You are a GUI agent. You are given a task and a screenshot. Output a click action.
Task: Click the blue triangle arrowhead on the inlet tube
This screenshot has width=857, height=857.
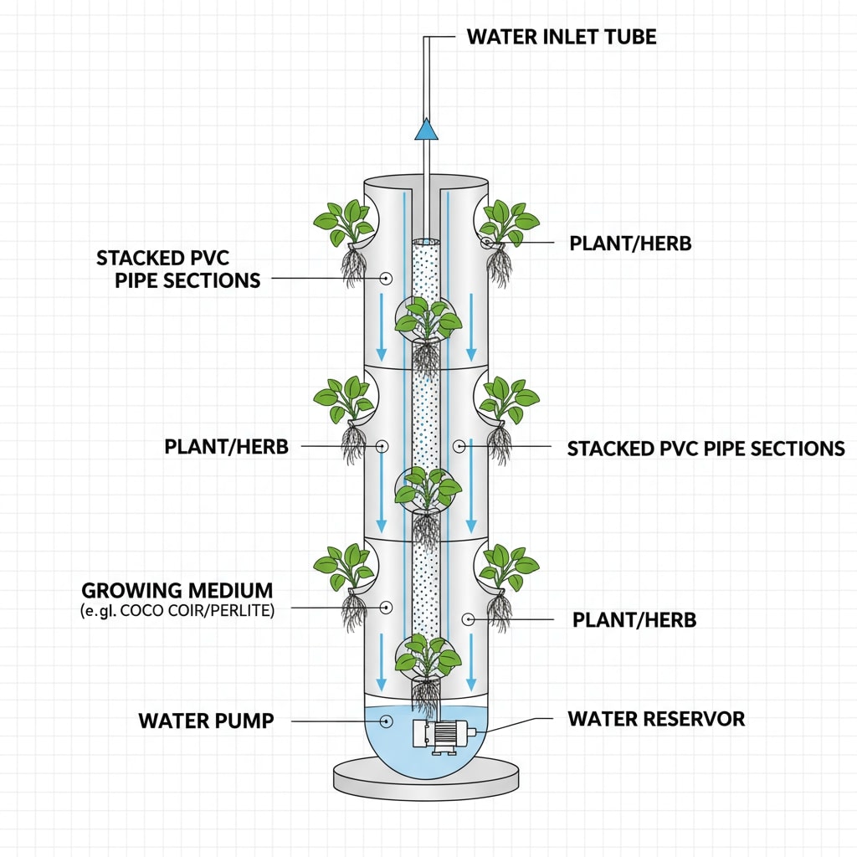click(x=427, y=129)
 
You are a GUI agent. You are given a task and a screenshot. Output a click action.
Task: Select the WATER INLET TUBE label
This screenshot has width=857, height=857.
click(x=562, y=37)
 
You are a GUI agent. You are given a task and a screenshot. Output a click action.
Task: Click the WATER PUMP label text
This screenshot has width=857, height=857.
click(x=206, y=721)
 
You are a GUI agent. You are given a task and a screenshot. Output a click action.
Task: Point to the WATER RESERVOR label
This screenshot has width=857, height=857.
click(x=656, y=719)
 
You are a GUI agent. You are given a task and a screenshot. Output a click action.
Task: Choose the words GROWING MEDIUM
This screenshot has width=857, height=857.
click(x=177, y=589)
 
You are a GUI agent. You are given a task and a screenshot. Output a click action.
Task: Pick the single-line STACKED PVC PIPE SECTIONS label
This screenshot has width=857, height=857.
click(x=706, y=449)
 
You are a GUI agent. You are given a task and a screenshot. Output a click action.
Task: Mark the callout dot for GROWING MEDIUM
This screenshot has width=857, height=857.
click(x=386, y=607)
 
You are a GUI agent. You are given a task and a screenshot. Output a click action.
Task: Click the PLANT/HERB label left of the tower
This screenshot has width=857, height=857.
click(x=226, y=447)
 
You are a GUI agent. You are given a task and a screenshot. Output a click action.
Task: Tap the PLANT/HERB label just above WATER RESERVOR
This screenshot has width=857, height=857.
click(x=634, y=620)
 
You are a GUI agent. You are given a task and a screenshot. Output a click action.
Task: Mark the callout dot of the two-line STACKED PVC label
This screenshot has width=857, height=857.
click(x=386, y=278)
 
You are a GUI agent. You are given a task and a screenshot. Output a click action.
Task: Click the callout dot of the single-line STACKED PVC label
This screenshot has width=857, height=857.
click(x=459, y=448)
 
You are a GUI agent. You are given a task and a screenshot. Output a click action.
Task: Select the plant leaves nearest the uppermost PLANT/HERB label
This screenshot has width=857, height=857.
click(x=507, y=221)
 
